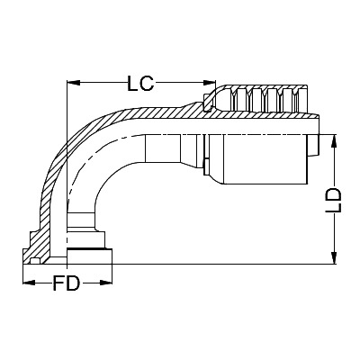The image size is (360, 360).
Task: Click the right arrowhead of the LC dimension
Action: [209, 84]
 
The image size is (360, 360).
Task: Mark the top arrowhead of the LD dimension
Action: [334, 140]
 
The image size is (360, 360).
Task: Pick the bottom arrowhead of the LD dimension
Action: [334, 259]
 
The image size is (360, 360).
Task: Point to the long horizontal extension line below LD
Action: [225, 264]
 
